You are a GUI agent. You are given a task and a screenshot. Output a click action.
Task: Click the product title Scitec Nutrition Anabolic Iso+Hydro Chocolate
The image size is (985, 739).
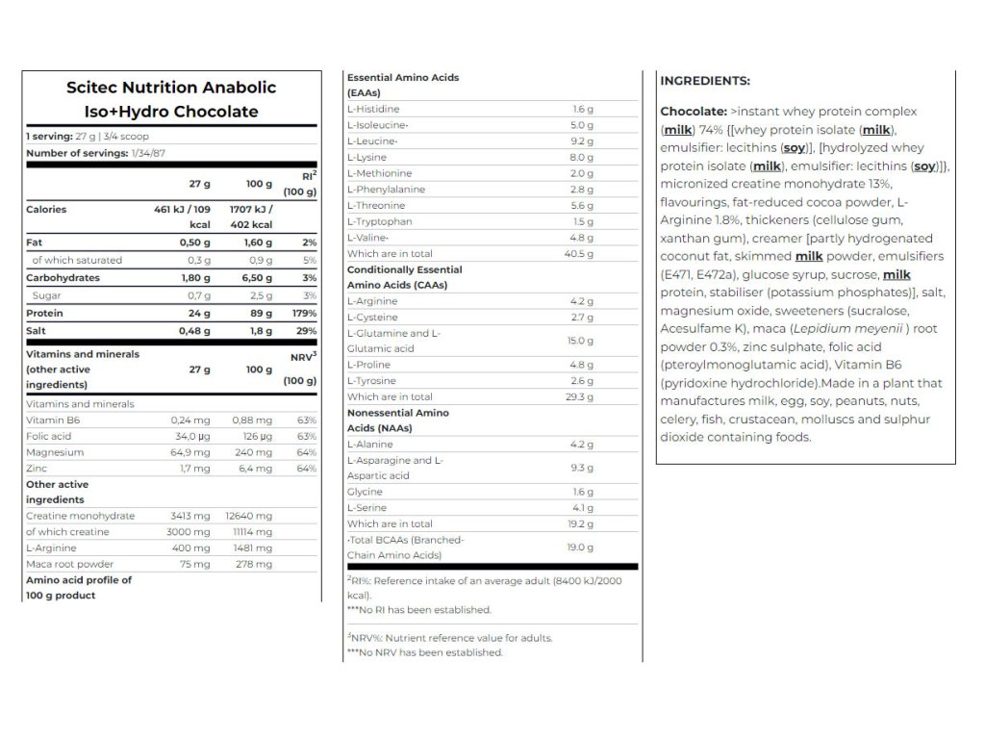pos(171,99)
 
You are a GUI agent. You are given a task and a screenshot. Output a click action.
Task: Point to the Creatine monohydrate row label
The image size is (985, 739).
pos(80,516)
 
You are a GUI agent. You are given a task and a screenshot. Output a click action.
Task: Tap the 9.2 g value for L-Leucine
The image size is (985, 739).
pos(583,140)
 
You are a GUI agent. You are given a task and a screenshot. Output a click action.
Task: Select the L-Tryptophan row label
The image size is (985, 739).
pos(381,221)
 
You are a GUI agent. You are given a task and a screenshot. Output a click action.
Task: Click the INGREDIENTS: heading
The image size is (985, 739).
pos(705,81)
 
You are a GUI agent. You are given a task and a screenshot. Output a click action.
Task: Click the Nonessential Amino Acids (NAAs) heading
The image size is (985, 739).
pos(397,420)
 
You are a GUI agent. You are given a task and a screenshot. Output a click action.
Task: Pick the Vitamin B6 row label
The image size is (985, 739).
pos(53,420)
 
